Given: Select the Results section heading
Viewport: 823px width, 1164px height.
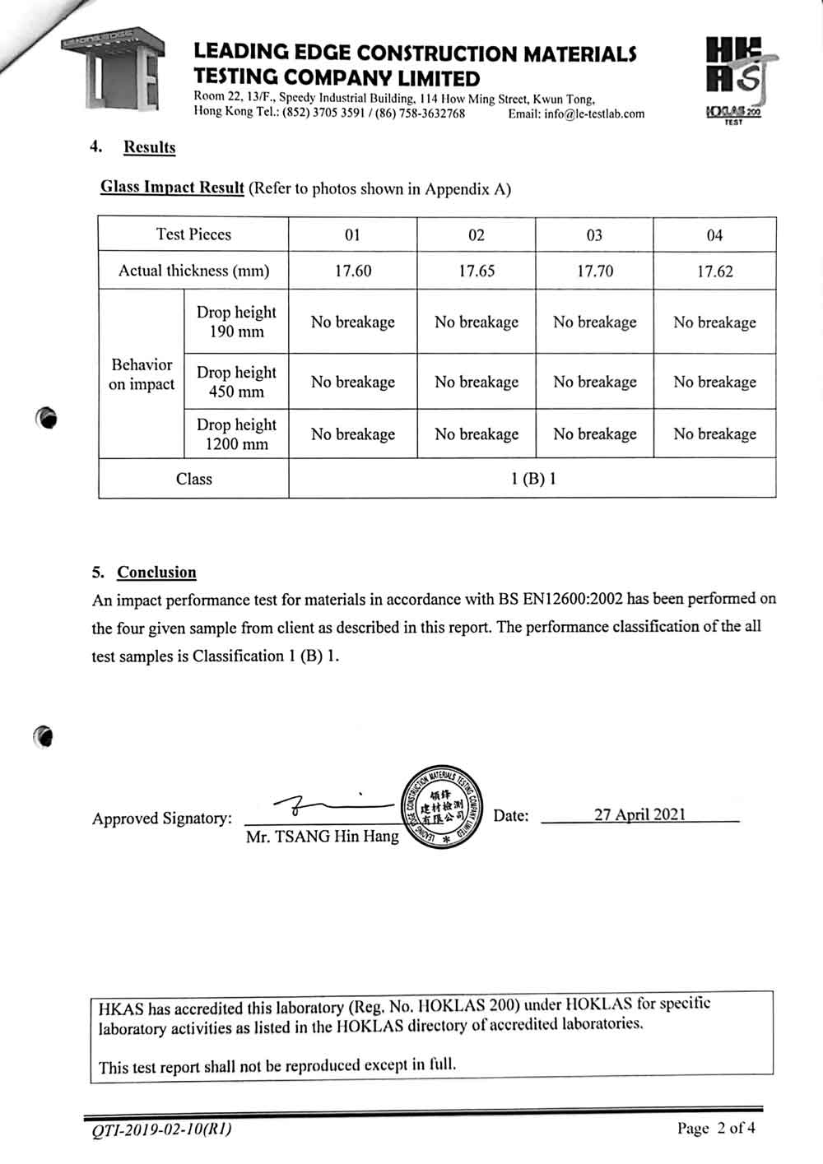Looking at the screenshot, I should [x=149, y=147].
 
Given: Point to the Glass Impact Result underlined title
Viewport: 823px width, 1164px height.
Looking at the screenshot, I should [x=172, y=188].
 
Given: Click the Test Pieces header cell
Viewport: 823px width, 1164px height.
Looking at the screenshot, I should [x=193, y=234].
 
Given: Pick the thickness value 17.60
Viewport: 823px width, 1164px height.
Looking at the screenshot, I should [x=352, y=271].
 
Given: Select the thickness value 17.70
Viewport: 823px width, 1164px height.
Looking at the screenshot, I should [x=594, y=271].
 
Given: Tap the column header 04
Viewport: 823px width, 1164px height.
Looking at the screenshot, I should [x=714, y=235].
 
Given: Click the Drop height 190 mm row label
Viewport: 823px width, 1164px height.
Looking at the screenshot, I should [x=236, y=322].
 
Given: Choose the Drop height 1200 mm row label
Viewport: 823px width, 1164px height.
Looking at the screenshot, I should [x=236, y=434].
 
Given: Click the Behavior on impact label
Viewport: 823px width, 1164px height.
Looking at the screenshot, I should [x=142, y=374].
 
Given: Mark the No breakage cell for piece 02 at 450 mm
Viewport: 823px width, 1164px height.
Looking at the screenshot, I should [x=477, y=382].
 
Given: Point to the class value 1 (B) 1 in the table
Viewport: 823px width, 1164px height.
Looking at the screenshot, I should [x=533, y=479].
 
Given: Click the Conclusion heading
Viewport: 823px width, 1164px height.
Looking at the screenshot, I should [x=156, y=573].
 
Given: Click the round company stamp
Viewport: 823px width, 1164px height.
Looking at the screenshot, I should [x=443, y=809].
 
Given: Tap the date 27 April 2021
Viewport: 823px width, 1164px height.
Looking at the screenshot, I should [x=639, y=814].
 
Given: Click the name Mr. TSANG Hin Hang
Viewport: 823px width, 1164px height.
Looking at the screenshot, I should [x=322, y=837].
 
